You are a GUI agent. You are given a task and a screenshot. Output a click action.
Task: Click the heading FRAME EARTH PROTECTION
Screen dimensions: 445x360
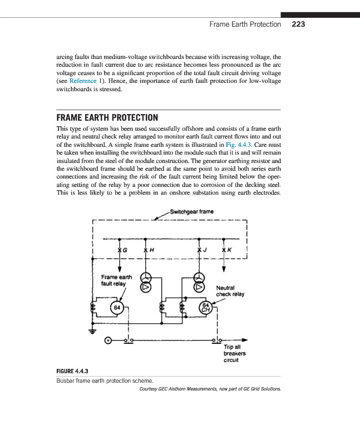coord(107,118)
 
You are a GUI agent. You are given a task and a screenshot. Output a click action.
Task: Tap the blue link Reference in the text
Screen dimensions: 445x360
coord(83,81)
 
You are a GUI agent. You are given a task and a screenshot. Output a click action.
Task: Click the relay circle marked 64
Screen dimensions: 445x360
coord(117,308)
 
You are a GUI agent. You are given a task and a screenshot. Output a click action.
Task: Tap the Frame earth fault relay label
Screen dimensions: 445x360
coord(116,279)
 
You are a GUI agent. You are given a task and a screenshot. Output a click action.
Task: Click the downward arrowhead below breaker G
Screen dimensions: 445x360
coord(120,269)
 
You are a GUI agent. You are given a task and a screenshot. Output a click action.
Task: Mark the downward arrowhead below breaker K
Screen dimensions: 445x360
coord(223,269)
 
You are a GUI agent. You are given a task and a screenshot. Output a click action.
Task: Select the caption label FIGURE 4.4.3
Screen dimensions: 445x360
coord(73,371)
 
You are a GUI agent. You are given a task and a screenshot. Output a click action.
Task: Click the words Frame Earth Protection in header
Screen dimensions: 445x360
coord(245,24)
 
